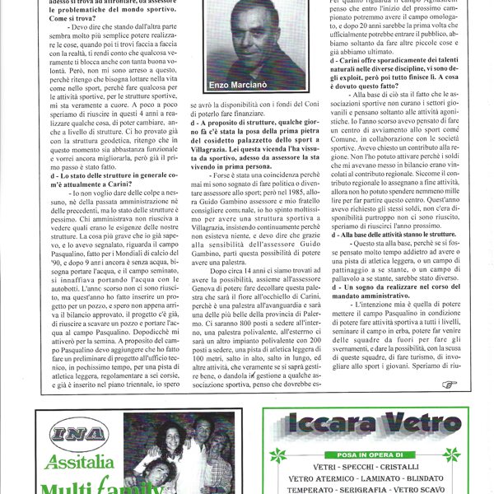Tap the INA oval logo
click(72, 435)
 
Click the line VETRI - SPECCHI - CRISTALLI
click(361, 465)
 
